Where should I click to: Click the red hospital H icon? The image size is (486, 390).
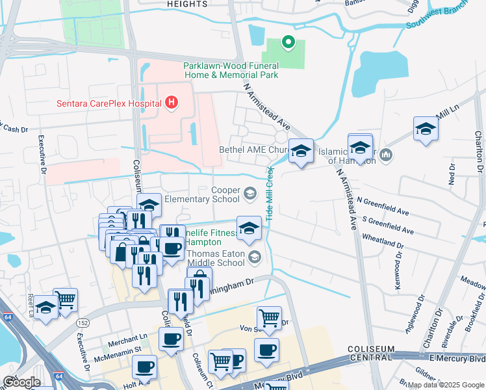[172, 102]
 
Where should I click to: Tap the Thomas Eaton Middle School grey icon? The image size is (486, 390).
[255, 257]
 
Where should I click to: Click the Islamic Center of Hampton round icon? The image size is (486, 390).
[386, 155]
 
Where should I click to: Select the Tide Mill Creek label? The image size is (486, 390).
[269, 192]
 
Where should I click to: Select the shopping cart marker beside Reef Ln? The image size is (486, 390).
[66, 300]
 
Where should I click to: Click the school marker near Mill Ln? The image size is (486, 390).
[426, 128]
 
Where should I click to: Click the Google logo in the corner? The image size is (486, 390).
[21, 382]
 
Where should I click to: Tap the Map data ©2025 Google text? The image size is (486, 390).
[445, 385]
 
